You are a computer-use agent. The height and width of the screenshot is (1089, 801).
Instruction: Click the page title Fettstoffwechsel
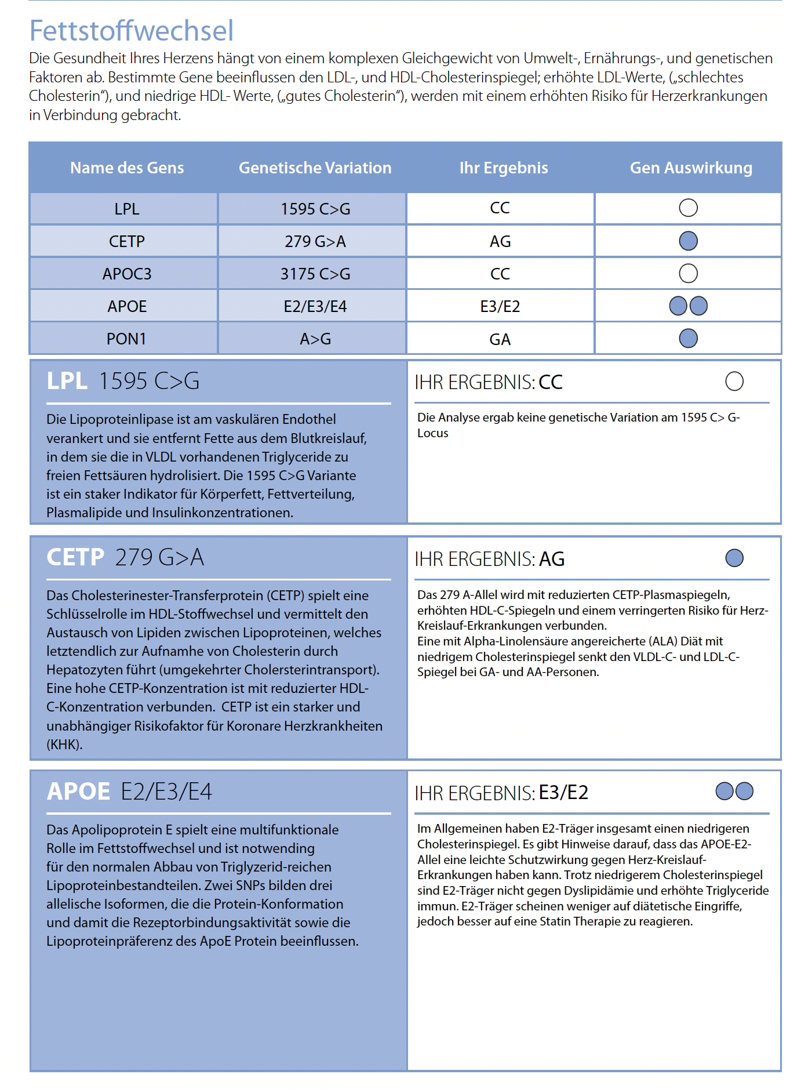[x=132, y=31]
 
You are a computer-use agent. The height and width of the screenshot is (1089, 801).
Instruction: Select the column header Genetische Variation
[x=315, y=168]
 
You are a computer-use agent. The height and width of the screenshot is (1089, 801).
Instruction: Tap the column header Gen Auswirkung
[x=691, y=168]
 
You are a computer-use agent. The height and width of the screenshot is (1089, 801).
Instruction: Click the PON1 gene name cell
[x=126, y=339]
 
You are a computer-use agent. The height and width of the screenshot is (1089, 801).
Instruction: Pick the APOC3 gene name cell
[x=127, y=274]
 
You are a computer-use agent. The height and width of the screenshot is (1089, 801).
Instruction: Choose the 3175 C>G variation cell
[x=315, y=274]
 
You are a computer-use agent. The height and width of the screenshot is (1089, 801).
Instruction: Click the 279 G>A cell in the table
[x=315, y=241]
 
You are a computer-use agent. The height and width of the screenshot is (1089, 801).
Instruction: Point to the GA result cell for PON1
[x=500, y=339]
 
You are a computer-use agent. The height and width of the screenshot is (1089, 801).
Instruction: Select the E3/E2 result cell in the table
[x=500, y=306]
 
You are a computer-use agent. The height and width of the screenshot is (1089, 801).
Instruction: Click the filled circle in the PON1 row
[x=688, y=339]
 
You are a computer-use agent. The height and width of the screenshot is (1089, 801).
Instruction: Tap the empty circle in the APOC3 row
[x=688, y=274]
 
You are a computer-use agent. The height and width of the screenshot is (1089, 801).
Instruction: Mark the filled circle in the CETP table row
[x=688, y=241]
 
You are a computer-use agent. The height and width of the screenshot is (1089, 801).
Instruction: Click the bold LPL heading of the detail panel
[x=67, y=382]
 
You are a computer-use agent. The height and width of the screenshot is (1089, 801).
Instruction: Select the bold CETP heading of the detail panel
[x=75, y=557]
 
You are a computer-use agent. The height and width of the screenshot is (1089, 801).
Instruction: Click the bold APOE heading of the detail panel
[x=78, y=792]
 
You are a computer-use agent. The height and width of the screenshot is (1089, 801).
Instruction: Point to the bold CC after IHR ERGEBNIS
[x=551, y=383]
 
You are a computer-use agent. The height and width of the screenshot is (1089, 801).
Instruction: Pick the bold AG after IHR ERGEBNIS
[x=552, y=559]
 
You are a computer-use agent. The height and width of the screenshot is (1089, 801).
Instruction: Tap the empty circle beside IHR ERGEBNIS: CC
[x=734, y=382]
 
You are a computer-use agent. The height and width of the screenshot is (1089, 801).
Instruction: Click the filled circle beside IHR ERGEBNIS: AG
[x=734, y=558]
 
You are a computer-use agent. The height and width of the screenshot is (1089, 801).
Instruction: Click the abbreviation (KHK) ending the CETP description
[x=64, y=745]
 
